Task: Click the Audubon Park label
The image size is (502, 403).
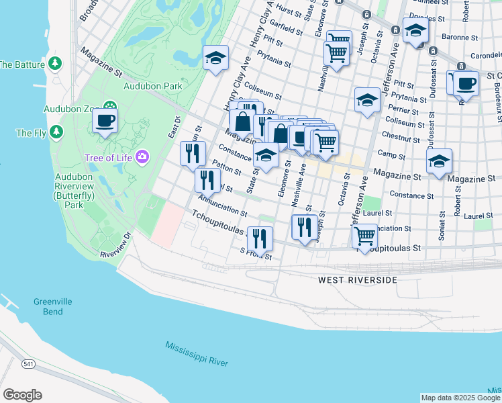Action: pos(152,86)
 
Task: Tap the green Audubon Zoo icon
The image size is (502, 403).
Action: pos(109,107)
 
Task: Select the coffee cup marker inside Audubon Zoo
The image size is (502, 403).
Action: pos(105,122)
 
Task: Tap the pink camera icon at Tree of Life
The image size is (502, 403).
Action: pos(141,157)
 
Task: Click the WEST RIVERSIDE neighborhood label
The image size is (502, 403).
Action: pos(358,279)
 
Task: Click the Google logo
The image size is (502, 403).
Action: pos(22,395)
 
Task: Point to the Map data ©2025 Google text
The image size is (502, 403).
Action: pos(460,398)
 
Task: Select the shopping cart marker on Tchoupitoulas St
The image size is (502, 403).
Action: pos(364,236)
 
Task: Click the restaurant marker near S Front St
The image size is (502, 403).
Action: pos(259,239)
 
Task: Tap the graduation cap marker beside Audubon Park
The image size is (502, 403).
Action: pos(215,58)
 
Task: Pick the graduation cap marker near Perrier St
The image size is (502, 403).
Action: pos(366,101)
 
